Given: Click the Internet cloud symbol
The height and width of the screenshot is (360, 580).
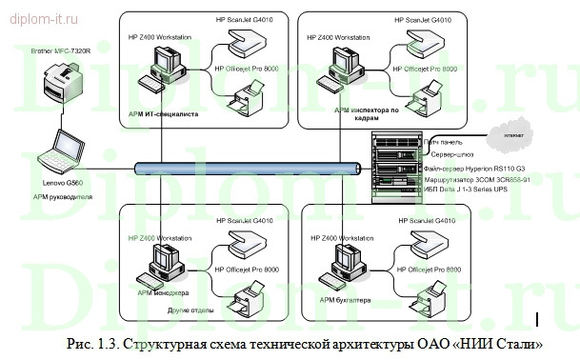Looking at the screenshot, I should click(505, 136).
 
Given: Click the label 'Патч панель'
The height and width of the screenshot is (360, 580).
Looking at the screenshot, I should click(449, 141).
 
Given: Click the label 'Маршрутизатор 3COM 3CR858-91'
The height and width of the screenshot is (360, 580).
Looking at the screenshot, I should click(481, 179).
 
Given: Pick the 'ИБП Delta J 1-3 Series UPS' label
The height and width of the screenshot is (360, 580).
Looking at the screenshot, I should click(470, 190).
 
